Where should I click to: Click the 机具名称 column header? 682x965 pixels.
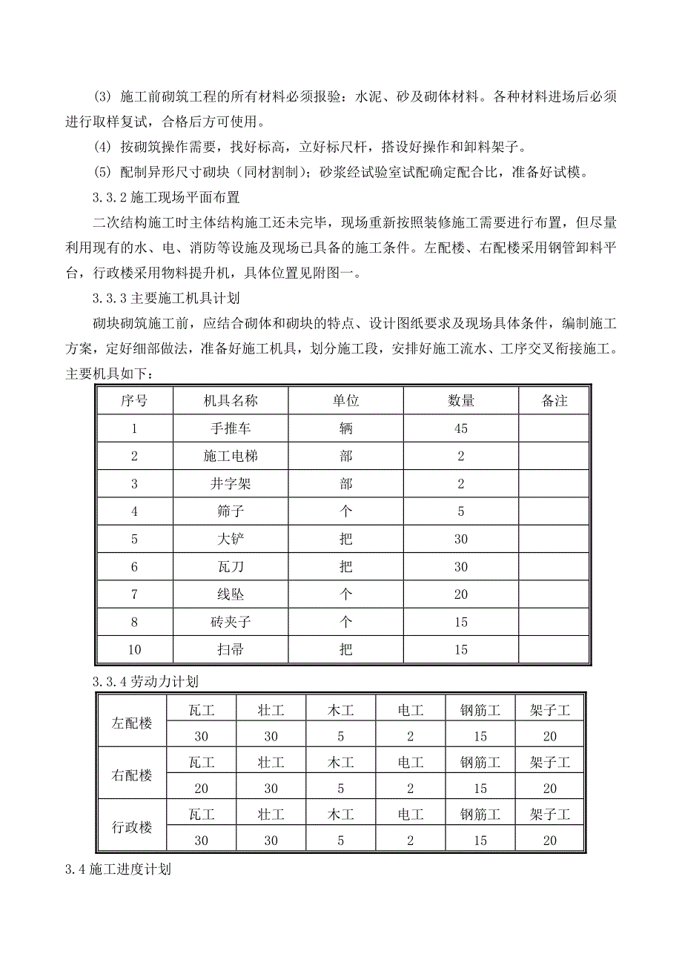tap(231, 401)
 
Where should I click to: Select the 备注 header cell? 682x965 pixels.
tap(554, 401)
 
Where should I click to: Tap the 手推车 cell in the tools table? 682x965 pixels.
tap(231, 428)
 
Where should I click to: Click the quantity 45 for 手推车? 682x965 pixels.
tap(461, 428)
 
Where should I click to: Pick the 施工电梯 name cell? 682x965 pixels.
tap(231, 456)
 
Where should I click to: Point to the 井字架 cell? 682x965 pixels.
tap(231, 484)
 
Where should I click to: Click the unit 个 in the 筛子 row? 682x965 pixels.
tap(345, 511)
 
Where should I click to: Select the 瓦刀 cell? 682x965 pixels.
tap(231, 567)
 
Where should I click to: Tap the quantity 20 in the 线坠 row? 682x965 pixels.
tap(461, 594)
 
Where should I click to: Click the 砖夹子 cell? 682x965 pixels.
tap(231, 622)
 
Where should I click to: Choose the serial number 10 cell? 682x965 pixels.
tap(134, 650)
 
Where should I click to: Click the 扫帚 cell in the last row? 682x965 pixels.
tap(231, 650)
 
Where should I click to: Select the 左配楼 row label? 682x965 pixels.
tap(132, 723)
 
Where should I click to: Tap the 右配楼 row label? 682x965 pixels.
tap(132, 775)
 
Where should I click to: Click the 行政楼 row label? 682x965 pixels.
tap(132, 827)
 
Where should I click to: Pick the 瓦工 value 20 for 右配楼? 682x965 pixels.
tap(202, 789)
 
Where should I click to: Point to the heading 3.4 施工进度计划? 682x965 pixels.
tap(119, 869)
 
